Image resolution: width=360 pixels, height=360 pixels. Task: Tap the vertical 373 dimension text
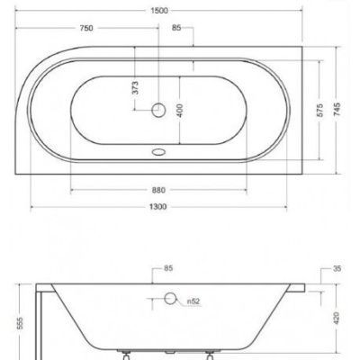pos(135,87)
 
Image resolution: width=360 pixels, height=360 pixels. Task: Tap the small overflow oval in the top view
pos(165,153)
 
